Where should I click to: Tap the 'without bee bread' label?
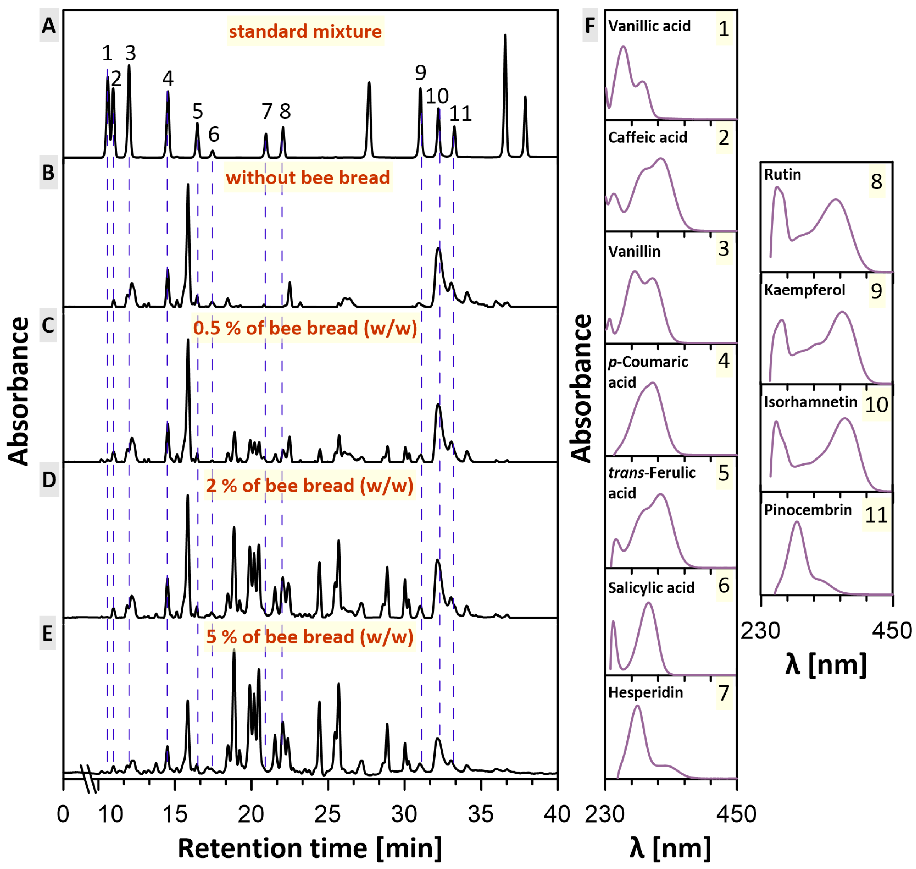click(x=308, y=177)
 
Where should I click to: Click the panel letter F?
click(x=590, y=26)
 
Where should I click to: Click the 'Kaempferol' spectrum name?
click(x=805, y=290)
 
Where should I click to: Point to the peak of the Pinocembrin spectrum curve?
click(x=797, y=523)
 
